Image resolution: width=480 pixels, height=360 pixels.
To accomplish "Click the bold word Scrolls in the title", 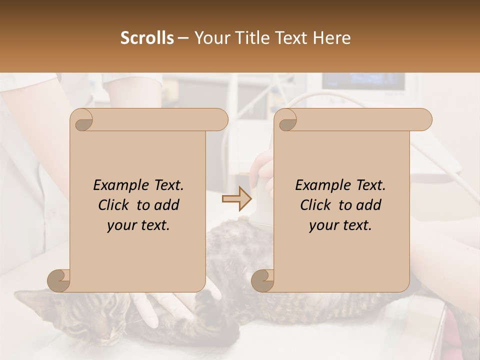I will [147, 38].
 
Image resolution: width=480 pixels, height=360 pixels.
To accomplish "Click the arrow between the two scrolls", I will [237, 199].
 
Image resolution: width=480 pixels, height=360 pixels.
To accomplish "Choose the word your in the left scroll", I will [120, 225].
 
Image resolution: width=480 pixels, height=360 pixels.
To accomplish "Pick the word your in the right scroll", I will [322, 225].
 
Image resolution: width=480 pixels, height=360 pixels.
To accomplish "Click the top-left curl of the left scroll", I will [82, 120].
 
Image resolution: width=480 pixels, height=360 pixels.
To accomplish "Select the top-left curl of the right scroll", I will [286, 120].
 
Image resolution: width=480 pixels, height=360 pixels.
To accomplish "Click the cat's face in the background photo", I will [95, 320].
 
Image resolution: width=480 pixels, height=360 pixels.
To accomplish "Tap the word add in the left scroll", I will [167, 205].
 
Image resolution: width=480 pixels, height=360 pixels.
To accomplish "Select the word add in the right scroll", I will [369, 205].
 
